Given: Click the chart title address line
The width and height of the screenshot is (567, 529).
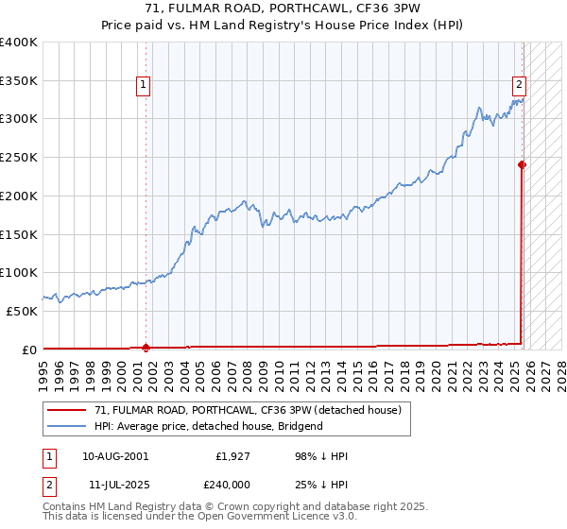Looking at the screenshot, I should click(283, 9).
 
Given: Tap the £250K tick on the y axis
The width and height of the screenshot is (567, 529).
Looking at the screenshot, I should click(19, 157).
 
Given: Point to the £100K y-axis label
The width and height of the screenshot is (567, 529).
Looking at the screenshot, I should click(19, 272).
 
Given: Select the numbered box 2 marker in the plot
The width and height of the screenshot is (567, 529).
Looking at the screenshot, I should click(519, 83).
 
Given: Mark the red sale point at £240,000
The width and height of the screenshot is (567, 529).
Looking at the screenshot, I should click(522, 164).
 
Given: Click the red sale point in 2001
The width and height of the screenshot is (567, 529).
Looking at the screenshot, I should click(146, 347).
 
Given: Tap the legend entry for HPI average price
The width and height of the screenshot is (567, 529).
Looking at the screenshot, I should click(208, 426).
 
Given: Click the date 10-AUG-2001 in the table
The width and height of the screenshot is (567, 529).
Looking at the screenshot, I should click(115, 456).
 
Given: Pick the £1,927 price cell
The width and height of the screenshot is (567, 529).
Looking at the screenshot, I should click(232, 456).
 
